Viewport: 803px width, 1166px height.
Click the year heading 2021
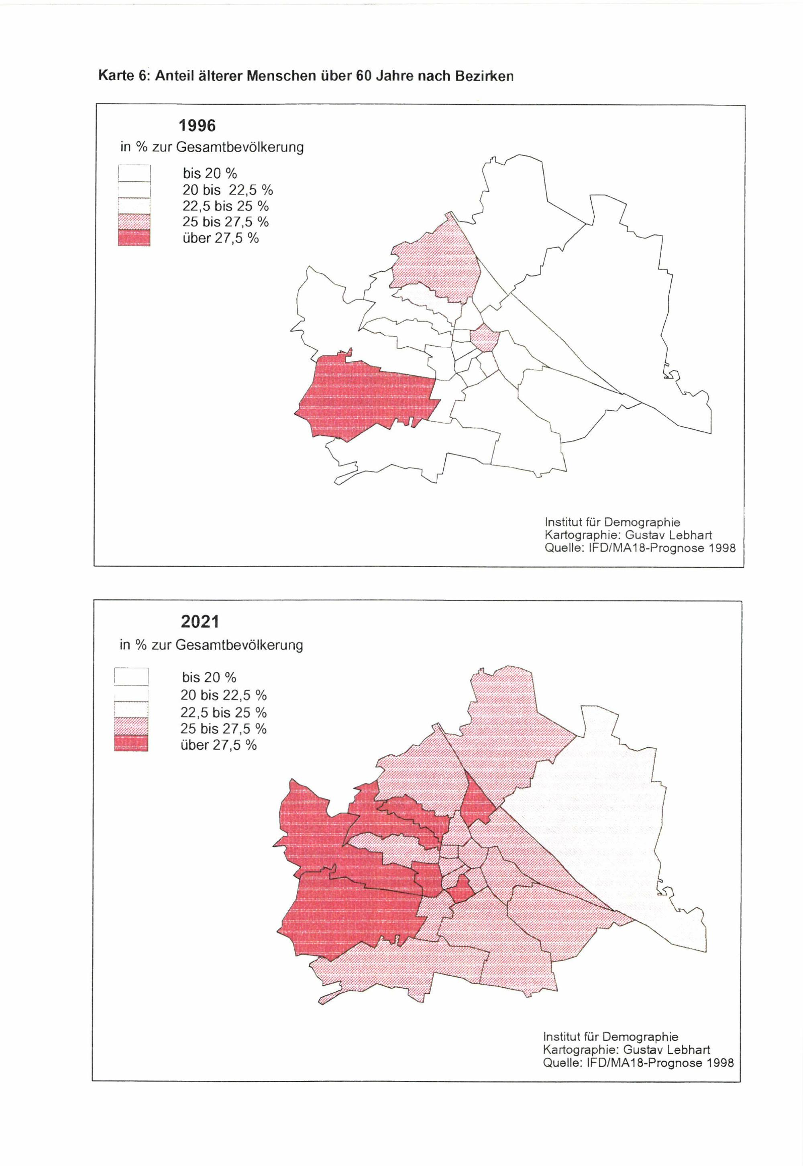point(200,622)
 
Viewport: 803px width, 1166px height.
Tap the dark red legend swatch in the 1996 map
point(135,238)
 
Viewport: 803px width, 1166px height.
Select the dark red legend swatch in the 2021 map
point(131,743)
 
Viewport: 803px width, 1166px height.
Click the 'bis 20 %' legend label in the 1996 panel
point(209,173)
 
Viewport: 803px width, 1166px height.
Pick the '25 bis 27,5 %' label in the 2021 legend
point(223,728)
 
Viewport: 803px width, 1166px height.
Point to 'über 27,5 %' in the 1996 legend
point(220,238)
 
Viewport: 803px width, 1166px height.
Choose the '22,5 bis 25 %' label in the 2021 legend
point(223,712)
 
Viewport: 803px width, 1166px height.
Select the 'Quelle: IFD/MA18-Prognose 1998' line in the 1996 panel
point(640,547)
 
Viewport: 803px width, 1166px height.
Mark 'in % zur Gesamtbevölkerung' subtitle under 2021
point(211,645)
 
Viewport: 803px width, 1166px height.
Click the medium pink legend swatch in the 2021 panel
point(131,726)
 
